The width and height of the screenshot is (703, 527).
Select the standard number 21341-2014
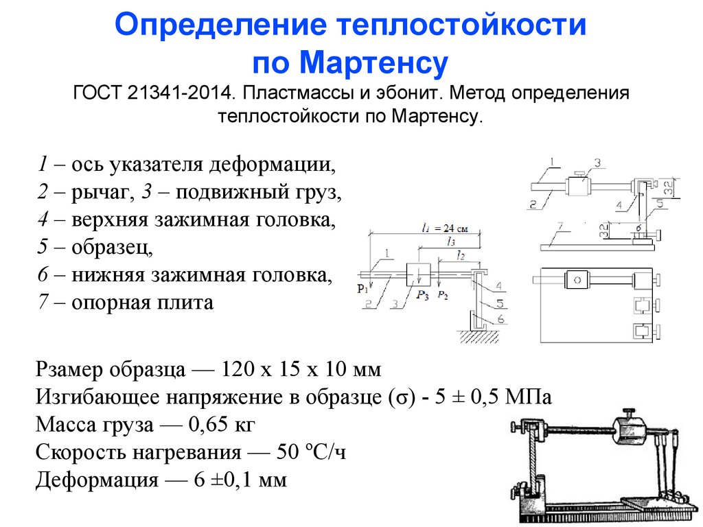click(181, 93)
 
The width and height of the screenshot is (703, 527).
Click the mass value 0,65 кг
click(218, 425)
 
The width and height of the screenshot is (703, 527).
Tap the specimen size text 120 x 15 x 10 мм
click(300, 370)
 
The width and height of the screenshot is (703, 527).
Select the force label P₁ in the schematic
click(362, 288)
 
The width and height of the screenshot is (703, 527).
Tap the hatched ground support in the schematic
click(479, 335)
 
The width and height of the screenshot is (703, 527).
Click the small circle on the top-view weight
click(577, 280)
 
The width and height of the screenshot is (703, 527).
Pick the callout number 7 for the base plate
click(560, 226)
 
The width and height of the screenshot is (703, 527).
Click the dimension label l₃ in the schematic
click(450, 242)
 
